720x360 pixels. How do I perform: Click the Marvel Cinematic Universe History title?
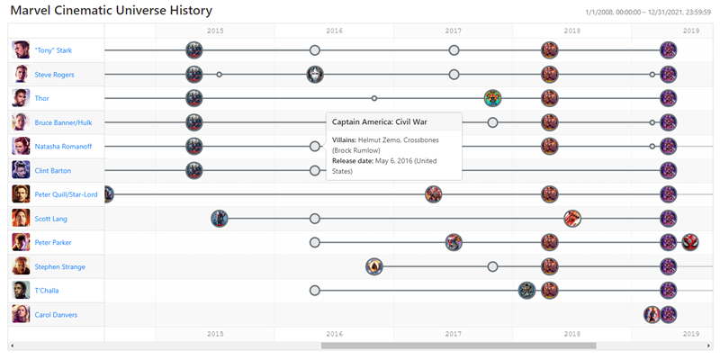tap(112, 11)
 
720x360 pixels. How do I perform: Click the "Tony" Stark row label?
tap(52, 50)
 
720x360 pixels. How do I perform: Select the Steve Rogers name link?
tap(54, 75)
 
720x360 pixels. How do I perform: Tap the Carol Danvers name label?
tap(56, 315)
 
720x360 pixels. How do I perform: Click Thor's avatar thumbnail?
tap(21, 98)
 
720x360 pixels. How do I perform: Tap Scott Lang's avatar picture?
tap(21, 218)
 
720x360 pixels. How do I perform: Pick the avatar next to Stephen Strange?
tap(21, 266)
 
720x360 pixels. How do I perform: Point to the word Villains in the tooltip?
tap(346, 139)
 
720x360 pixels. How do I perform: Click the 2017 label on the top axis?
tap(454, 31)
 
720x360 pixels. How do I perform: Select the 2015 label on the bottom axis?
tap(215, 334)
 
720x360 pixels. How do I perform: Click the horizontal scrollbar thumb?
tap(458, 346)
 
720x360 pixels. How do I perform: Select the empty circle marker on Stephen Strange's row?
tap(492, 266)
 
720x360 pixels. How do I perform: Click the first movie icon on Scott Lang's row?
tap(220, 218)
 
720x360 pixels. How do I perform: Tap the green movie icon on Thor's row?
tap(492, 98)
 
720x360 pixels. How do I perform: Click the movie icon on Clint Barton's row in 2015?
tap(194, 170)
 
